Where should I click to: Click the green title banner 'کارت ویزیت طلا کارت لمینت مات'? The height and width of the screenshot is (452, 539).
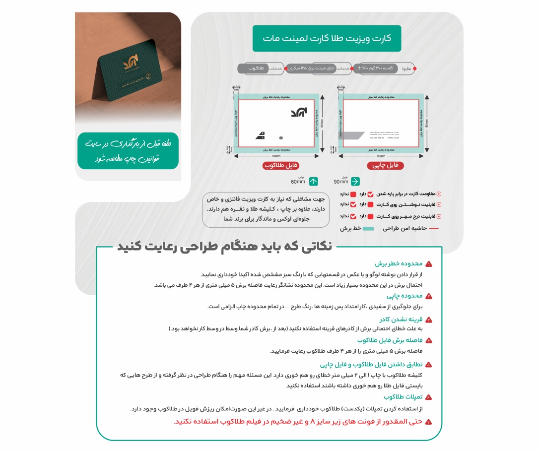(x=326, y=39)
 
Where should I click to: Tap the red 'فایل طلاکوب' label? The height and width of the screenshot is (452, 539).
(x=280, y=165)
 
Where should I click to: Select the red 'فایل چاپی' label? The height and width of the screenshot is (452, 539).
(x=385, y=165)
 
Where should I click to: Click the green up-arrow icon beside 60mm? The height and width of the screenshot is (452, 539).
(x=314, y=182)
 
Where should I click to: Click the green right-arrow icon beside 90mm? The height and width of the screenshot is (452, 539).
(x=355, y=182)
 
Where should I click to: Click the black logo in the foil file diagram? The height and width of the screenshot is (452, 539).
(x=299, y=113)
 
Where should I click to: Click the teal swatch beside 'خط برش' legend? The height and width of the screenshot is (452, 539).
(x=368, y=229)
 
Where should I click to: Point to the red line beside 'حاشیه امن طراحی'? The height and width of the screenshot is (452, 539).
(x=433, y=229)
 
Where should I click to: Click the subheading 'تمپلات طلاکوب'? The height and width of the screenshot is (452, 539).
(x=403, y=397)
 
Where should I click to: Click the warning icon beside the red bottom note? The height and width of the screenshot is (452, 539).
(x=428, y=421)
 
